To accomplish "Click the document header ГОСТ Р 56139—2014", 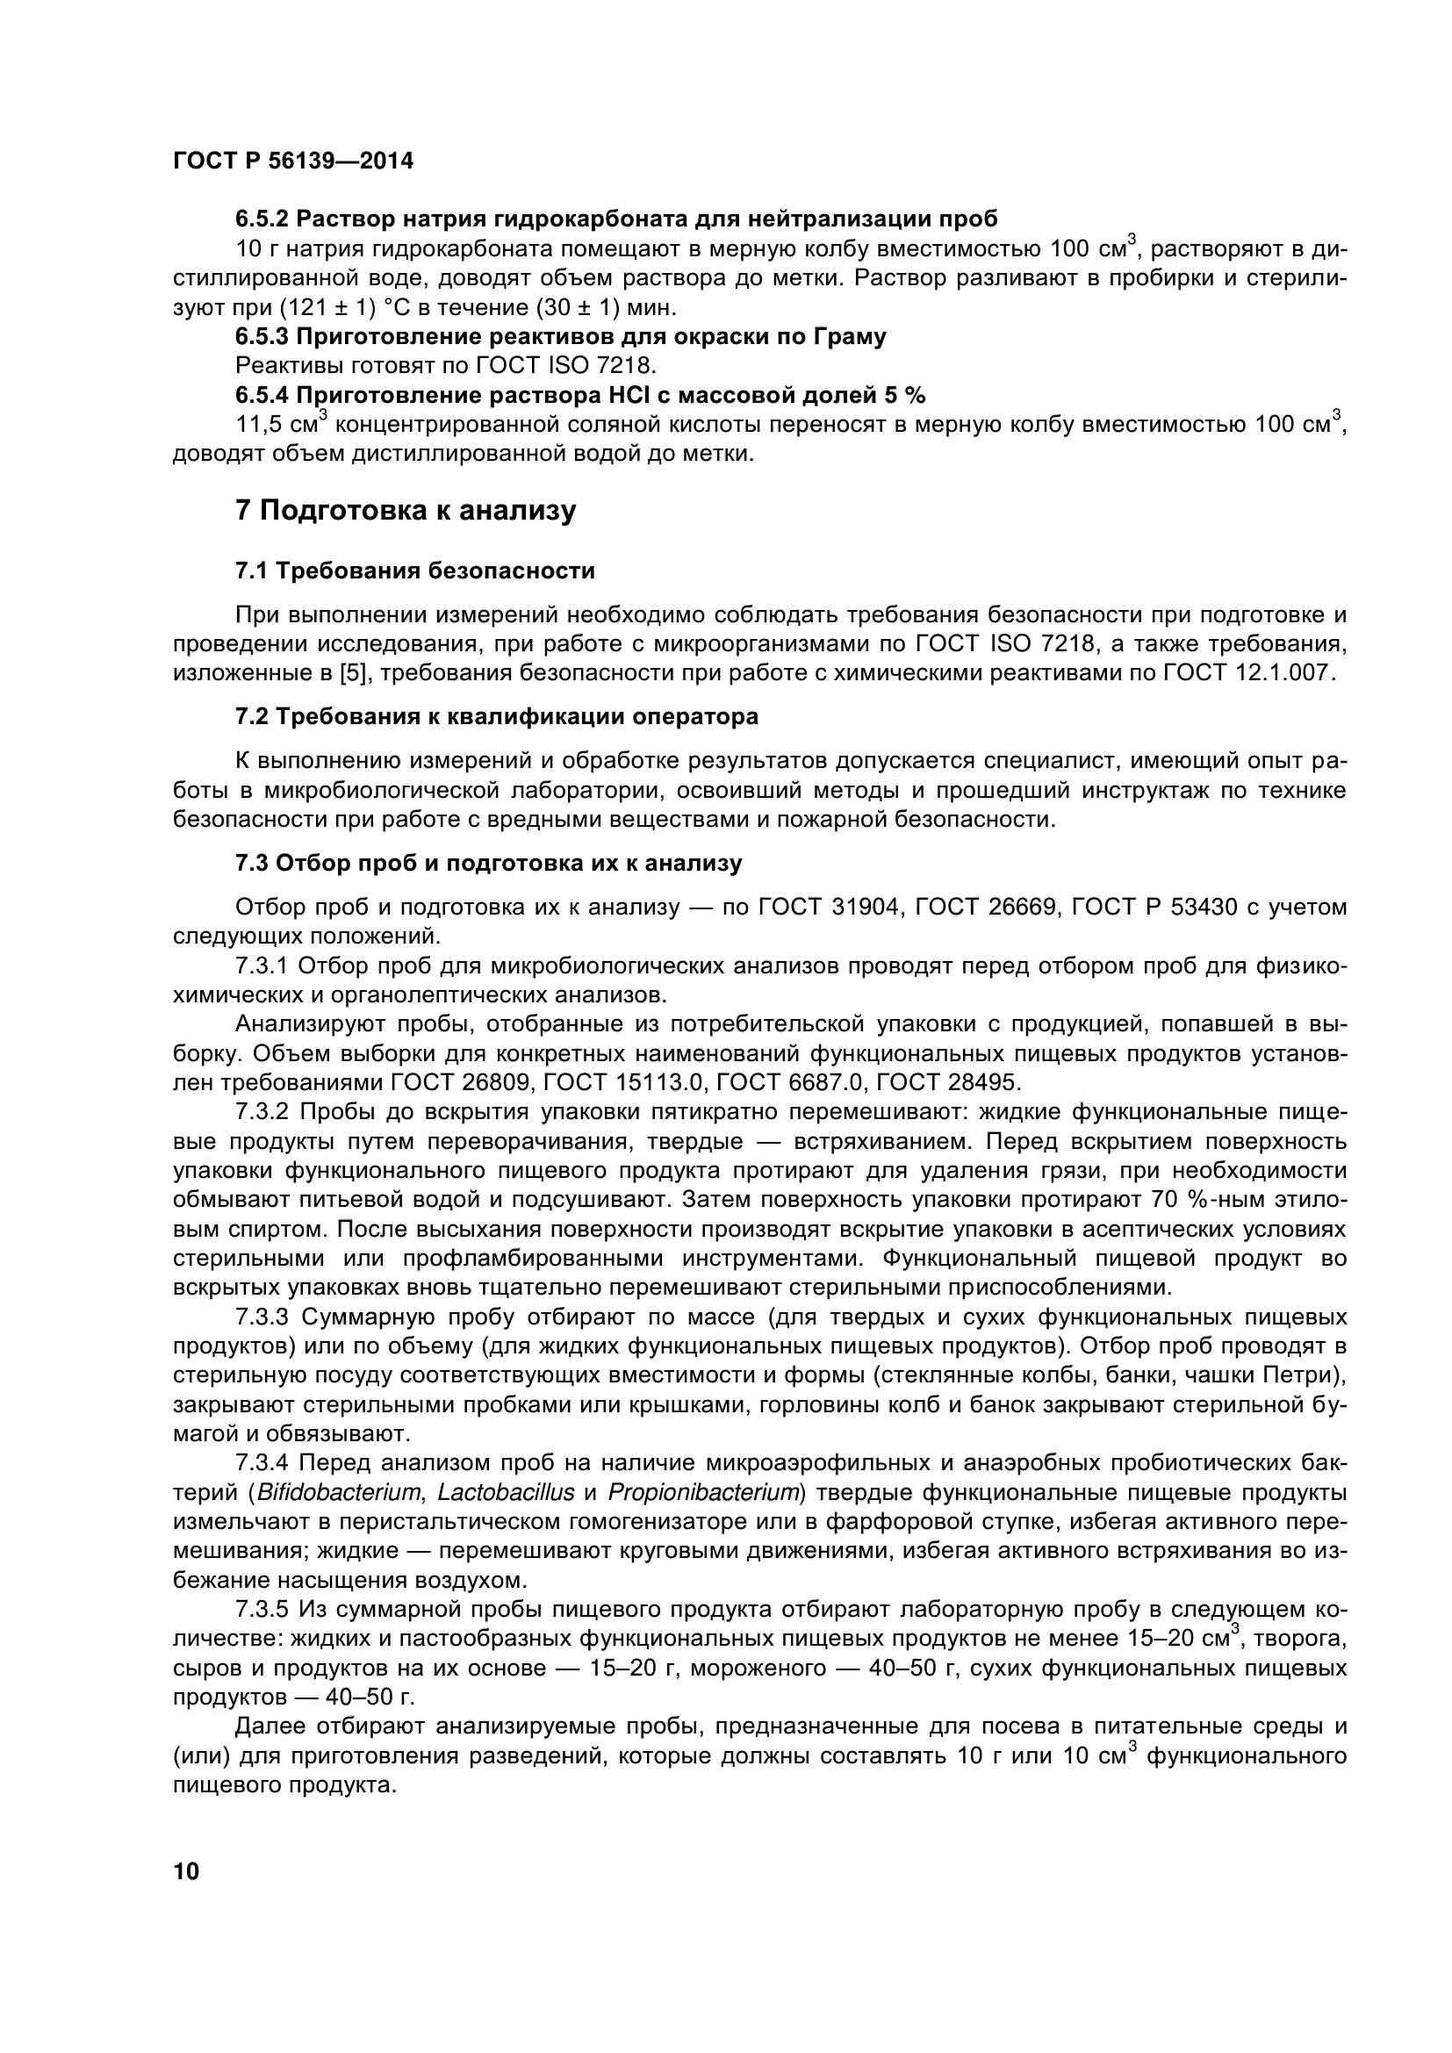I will pyautogui.click(x=292, y=162).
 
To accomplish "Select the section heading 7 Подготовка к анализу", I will pyautogui.click(x=405, y=512).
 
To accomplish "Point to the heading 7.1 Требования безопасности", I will pyautogui.click(x=415, y=571).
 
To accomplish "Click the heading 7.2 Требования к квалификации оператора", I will pyautogui.click(x=496, y=716).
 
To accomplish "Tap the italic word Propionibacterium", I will pyautogui.click(x=703, y=1492).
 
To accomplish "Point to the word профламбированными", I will pyautogui.click(x=534, y=1258).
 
